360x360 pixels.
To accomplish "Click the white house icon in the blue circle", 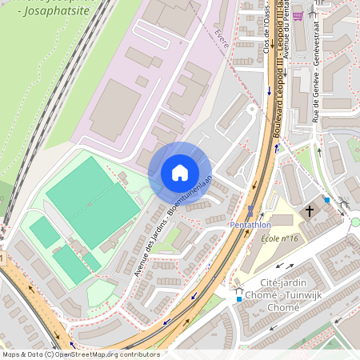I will coord(180,173).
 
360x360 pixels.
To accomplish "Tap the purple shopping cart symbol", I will coord(298,15).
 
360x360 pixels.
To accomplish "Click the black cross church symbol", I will coord(310,211).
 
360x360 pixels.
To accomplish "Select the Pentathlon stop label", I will coord(250,226).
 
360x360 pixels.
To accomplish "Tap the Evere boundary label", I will coord(222,38).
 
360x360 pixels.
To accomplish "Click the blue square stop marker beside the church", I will coord(326,200).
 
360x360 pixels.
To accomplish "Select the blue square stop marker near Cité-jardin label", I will coord(238,299).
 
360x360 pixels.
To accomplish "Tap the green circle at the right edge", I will coord(356,222).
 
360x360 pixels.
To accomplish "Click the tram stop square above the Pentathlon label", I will coord(250,211).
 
